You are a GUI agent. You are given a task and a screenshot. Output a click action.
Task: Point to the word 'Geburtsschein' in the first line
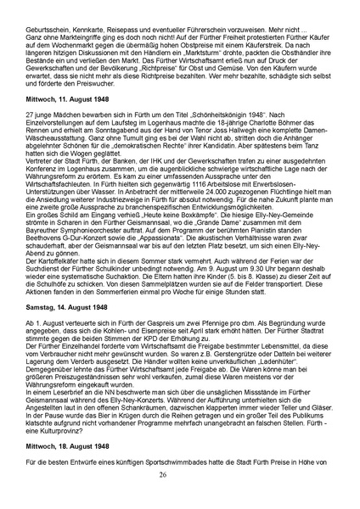(53, 28)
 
